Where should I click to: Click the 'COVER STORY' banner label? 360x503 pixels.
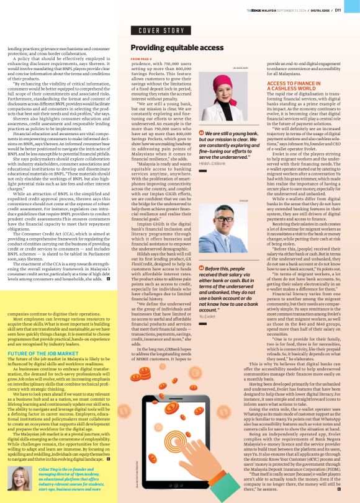161,30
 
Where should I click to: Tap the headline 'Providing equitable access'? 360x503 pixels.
177,47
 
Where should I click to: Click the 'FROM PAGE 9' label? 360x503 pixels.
142,59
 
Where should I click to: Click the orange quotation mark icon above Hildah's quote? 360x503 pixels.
201,133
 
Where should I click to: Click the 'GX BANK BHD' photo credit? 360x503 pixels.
241,68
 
